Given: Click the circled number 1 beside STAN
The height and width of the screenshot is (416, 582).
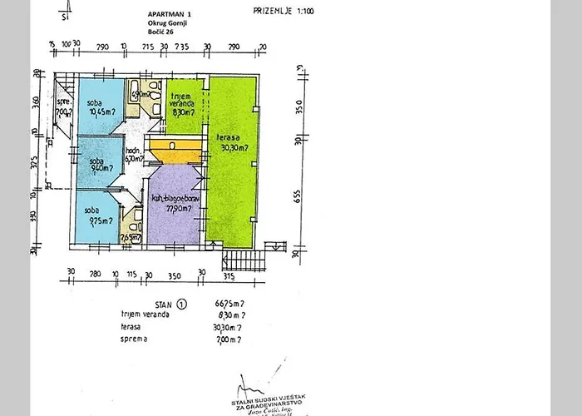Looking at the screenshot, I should tap(183, 304).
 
